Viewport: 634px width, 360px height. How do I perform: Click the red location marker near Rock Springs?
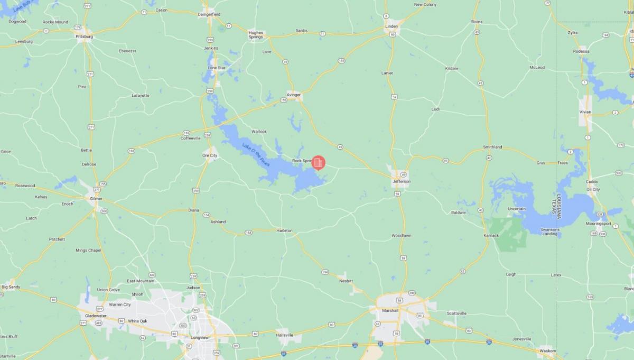click(x=318, y=163)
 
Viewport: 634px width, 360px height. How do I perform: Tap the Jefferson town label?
click(x=401, y=181)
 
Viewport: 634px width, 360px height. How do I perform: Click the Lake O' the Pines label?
click(x=256, y=155)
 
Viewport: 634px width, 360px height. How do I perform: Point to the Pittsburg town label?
click(x=84, y=36)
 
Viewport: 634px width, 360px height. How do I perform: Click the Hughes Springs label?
click(x=256, y=34)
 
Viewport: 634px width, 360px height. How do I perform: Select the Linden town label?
click(x=391, y=26)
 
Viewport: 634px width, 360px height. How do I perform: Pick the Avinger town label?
click(x=294, y=95)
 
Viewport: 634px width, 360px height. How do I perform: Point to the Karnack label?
click(x=491, y=235)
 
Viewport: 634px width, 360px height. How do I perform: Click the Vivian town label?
click(x=585, y=112)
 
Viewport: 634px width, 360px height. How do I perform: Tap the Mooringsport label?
click(x=598, y=224)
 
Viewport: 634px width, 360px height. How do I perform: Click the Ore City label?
click(x=210, y=155)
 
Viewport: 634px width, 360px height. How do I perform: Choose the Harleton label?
click(x=284, y=230)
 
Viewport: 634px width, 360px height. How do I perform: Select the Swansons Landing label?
click(x=550, y=232)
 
